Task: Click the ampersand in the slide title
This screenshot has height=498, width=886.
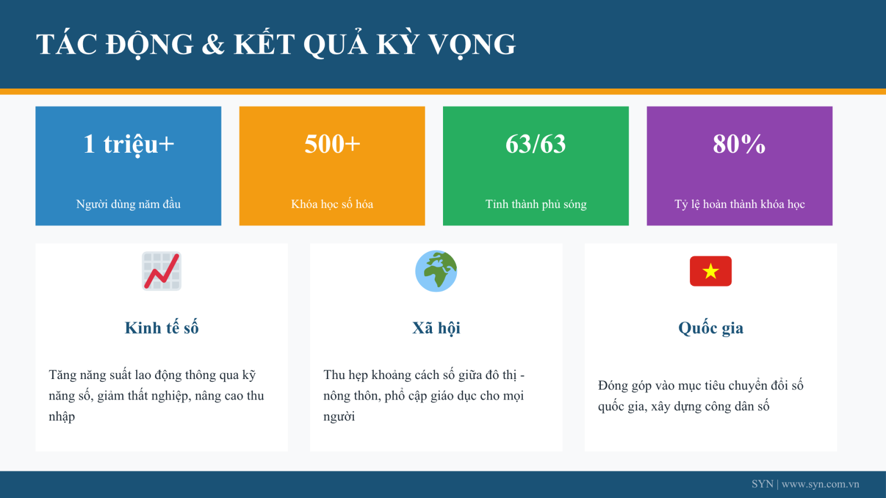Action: [x=213, y=44]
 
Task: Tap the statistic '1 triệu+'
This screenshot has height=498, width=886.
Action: [x=128, y=144]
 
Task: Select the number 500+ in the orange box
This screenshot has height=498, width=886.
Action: [x=332, y=143]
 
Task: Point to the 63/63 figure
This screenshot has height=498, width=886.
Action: [x=535, y=143]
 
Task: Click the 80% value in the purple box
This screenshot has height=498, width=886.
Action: [x=739, y=143]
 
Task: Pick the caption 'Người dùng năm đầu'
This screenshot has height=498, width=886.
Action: [x=128, y=204]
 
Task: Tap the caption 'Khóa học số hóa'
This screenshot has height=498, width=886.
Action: [x=332, y=204]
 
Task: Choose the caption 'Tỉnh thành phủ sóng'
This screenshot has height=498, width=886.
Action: [x=536, y=204]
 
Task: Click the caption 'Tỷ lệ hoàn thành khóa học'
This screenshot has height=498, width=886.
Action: [x=740, y=204]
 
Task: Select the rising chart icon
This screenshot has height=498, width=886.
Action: [x=162, y=271]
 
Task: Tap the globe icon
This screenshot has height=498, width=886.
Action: [x=436, y=271]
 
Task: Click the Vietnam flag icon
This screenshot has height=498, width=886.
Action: [x=711, y=271]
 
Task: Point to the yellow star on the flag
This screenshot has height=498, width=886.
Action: [x=711, y=271]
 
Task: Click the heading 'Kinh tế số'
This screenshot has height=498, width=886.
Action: [x=162, y=328]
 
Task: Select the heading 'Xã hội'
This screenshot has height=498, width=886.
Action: [x=436, y=328]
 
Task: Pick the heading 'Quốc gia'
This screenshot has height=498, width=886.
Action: [x=711, y=328]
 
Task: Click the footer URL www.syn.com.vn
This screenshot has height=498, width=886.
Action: [x=820, y=484]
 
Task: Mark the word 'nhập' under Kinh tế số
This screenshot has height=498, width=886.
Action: [x=61, y=417]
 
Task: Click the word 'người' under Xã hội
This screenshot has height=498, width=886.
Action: [x=339, y=417]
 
